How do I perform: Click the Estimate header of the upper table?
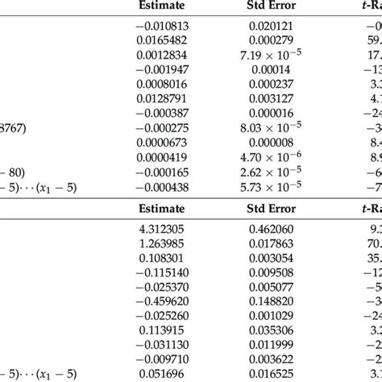164,12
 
